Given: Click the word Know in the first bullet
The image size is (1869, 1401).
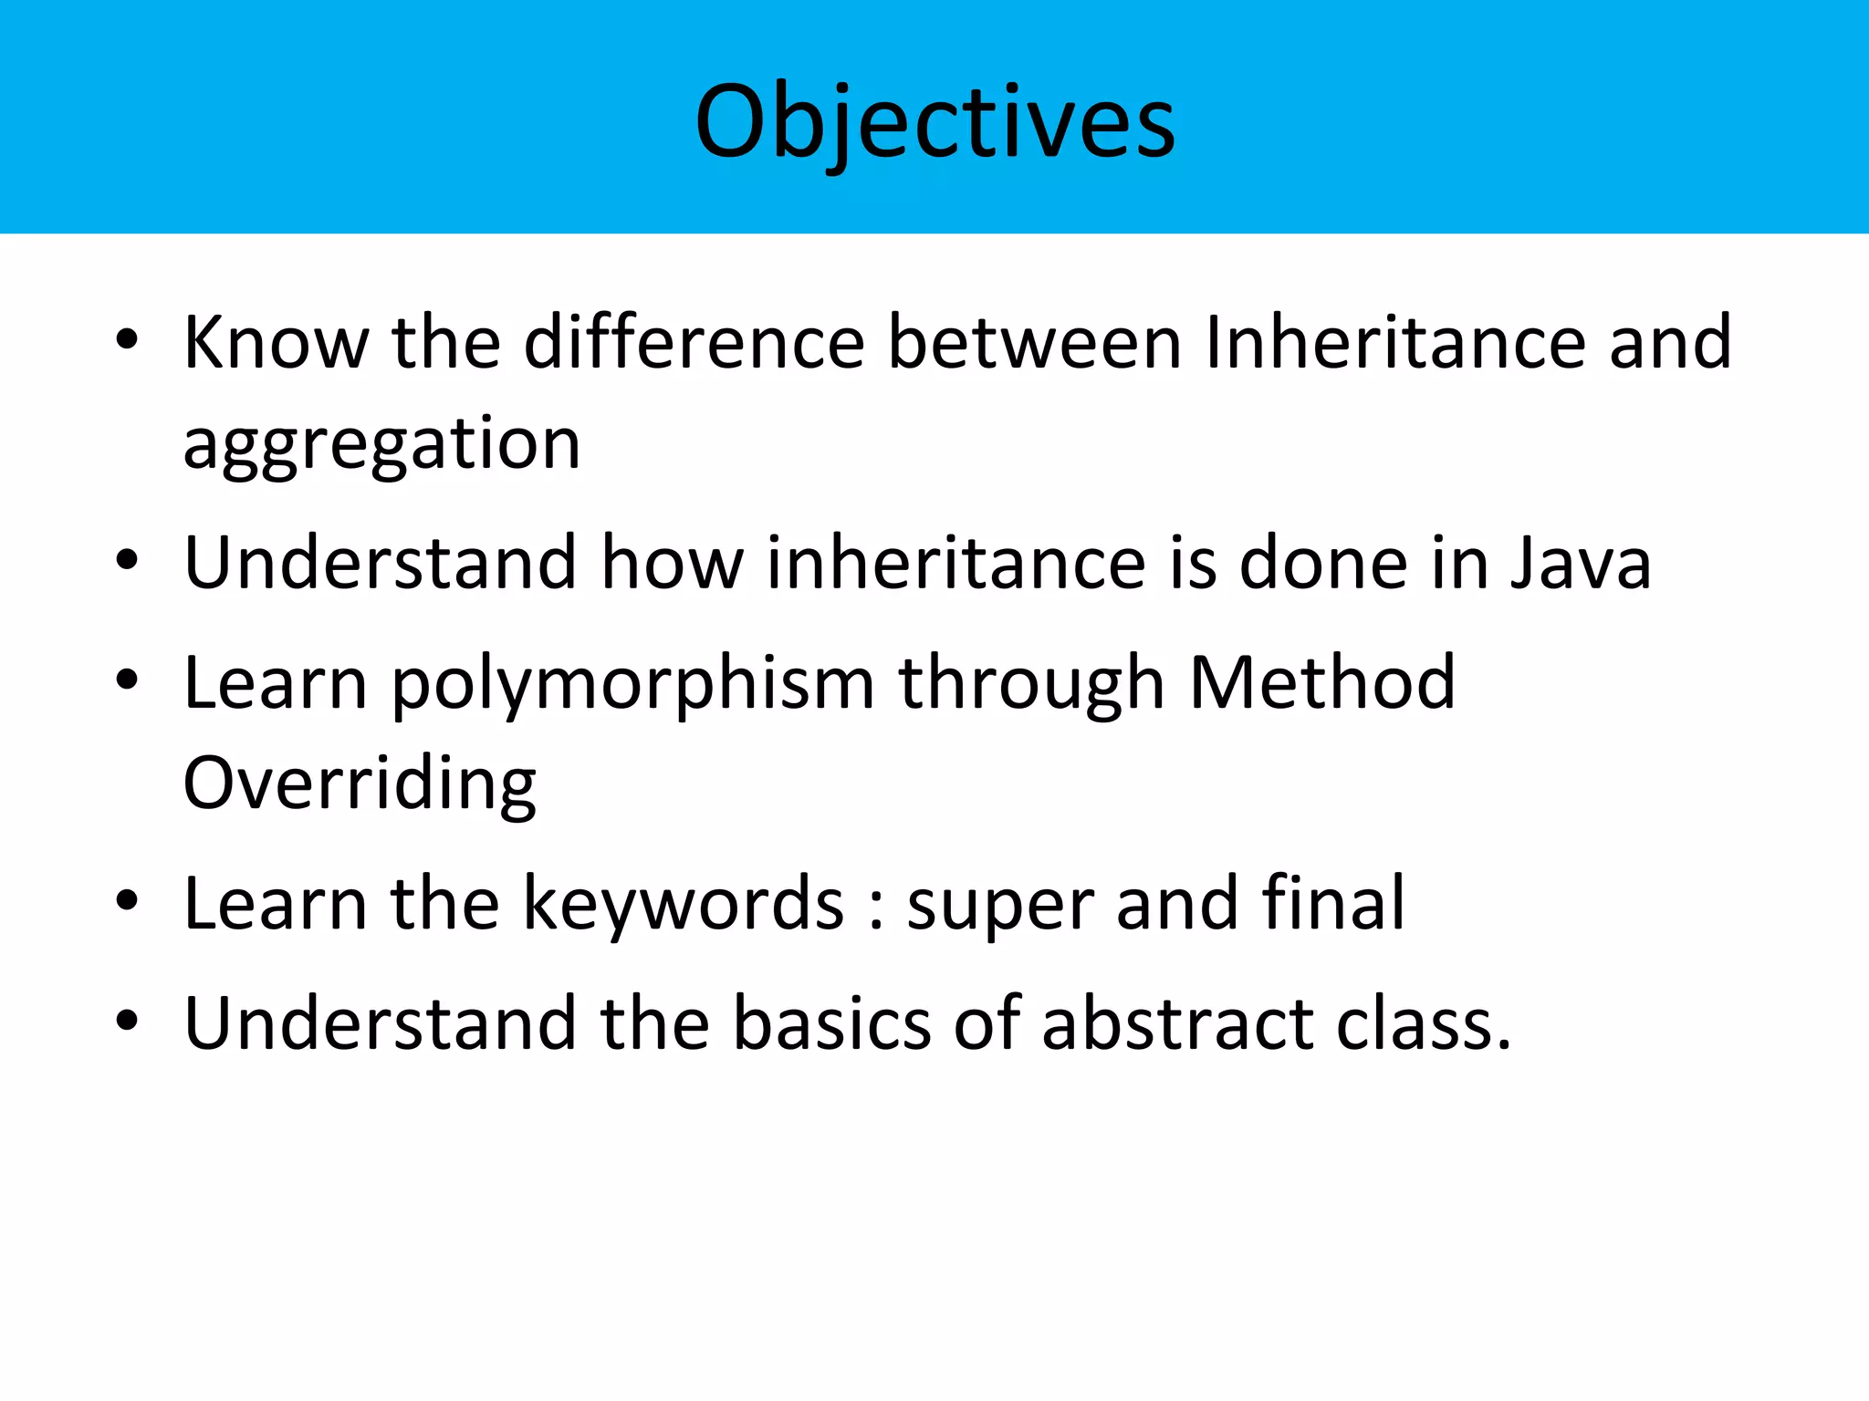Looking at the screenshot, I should click(x=276, y=343).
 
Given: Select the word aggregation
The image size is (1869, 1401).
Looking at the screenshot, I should click(x=381, y=445).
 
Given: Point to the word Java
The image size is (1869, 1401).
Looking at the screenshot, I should click(x=1580, y=564).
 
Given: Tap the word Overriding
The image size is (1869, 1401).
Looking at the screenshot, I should click(x=360, y=784).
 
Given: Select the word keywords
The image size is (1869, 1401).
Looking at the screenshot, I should click(x=684, y=905).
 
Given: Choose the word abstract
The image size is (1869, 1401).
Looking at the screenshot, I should click(x=1177, y=1023).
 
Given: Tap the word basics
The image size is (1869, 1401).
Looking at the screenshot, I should click(x=831, y=1023).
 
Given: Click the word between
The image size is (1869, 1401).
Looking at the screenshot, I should click(x=1034, y=343).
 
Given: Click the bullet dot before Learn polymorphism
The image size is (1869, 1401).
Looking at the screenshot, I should click(x=127, y=680).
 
